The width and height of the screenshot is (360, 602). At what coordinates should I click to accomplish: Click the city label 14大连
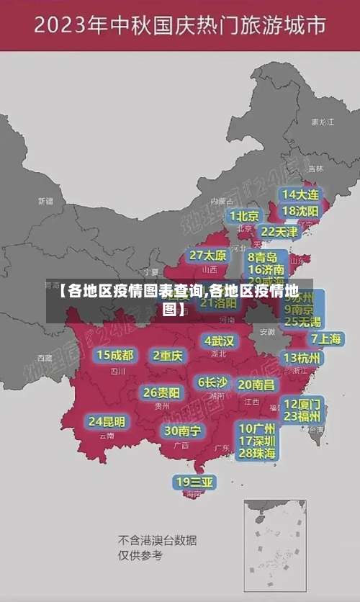300,194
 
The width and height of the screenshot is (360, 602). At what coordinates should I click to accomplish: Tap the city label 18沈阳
300,211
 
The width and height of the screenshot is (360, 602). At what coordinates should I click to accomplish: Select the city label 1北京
244,215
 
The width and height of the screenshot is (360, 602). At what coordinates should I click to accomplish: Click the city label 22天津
279,232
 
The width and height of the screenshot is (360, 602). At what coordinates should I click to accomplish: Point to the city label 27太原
208,256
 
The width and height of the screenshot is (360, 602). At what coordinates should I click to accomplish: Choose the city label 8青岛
263,257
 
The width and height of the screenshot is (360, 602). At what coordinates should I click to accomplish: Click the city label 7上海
326,338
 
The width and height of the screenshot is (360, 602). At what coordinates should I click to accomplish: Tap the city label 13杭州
302,358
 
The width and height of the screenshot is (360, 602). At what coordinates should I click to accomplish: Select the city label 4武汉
219,341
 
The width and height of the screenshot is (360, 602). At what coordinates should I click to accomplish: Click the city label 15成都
115,355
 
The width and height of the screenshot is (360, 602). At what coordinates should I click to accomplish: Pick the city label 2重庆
168,355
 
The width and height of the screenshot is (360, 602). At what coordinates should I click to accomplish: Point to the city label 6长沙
212,382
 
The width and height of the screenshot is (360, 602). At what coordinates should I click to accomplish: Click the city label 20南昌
256,385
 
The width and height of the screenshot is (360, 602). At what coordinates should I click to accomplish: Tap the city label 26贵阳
161,393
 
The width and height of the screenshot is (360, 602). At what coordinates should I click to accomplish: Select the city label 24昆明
107,421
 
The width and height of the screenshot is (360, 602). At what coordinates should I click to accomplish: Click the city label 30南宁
182,431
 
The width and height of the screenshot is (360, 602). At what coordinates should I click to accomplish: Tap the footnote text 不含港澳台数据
157,540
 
